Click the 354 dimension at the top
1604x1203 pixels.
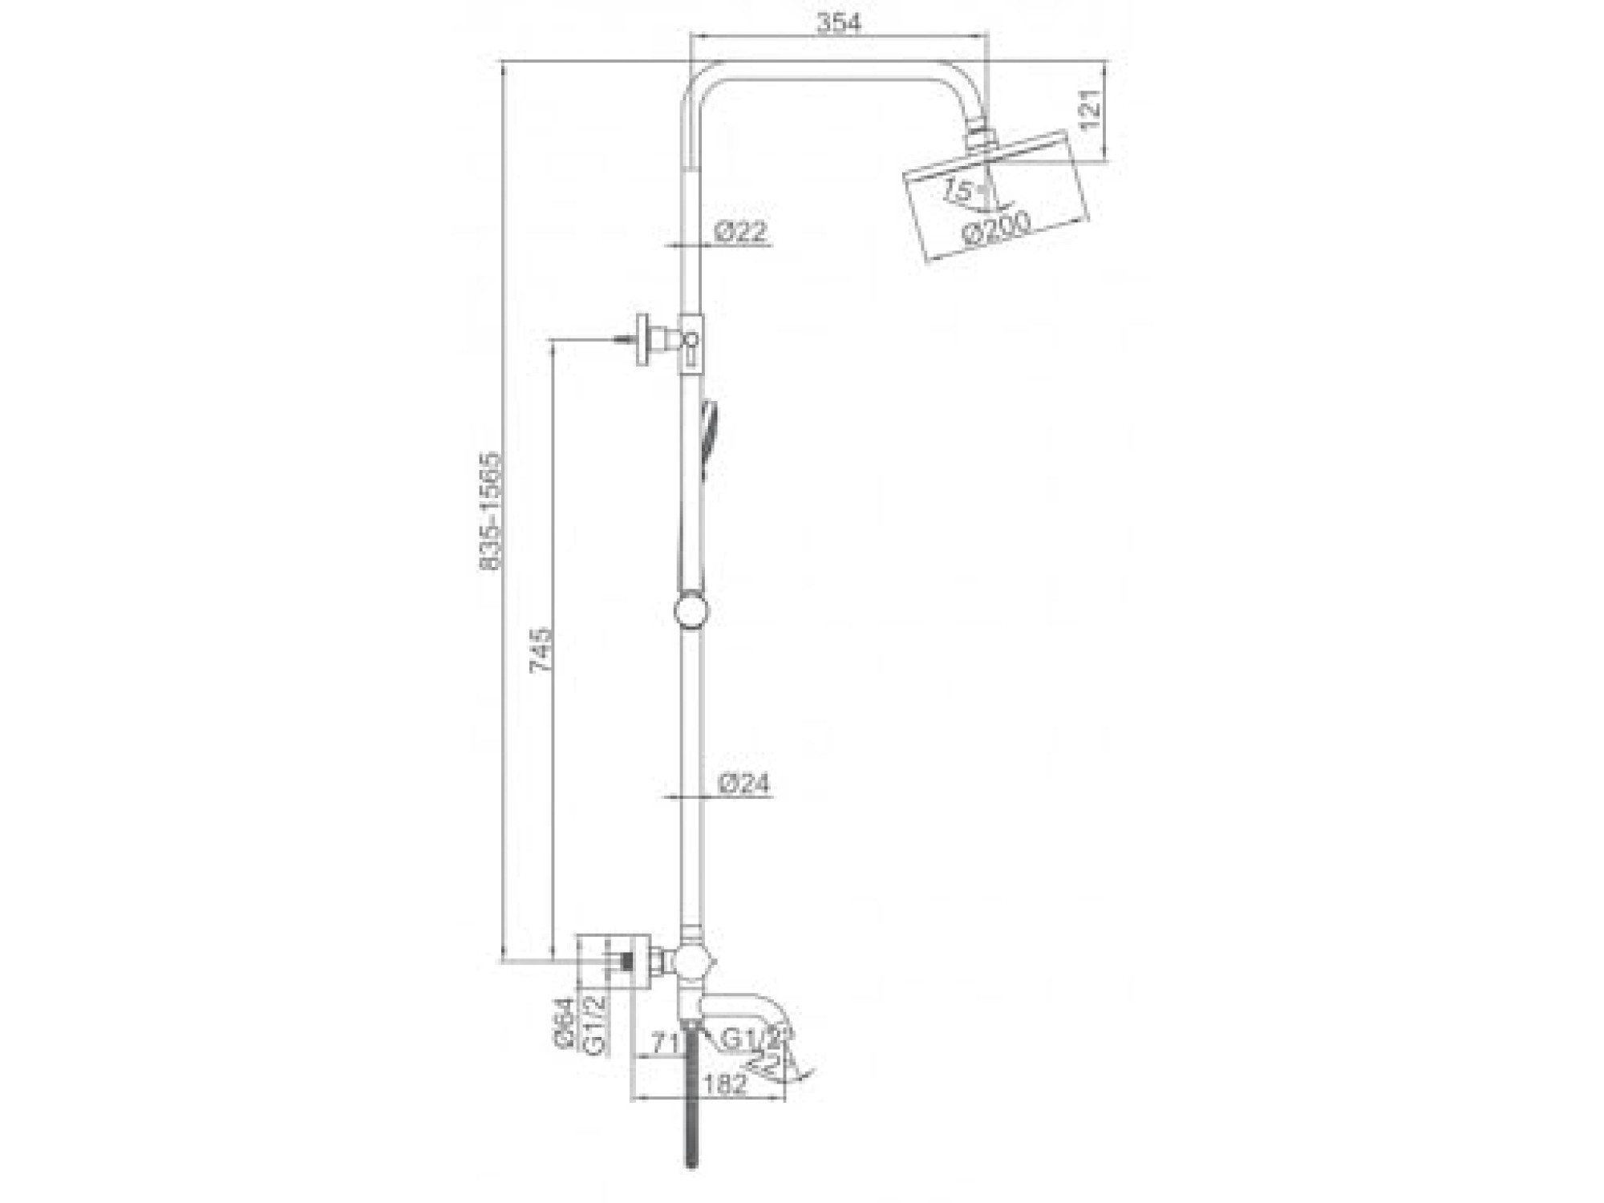[x=838, y=23]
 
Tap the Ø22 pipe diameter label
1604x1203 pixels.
[x=740, y=232]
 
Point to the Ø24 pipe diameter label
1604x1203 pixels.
[x=743, y=784]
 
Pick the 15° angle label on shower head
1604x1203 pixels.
[x=958, y=191]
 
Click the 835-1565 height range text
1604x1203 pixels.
[x=490, y=512]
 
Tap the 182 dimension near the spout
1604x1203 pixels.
[x=725, y=1084]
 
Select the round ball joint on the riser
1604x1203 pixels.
[x=691, y=611]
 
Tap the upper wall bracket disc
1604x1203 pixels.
[x=643, y=340]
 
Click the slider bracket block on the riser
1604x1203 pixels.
[x=692, y=342]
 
